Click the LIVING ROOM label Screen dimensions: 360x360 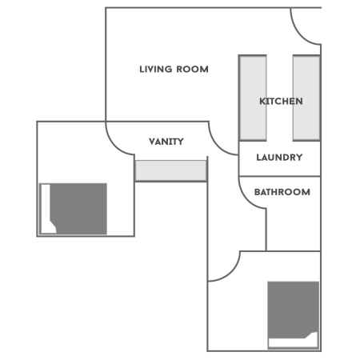tap(174, 70)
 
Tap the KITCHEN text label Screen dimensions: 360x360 tap(281, 102)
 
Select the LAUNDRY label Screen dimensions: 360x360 tap(279, 158)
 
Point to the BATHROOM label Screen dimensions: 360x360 tap(282, 193)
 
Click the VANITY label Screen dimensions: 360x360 tap(166, 142)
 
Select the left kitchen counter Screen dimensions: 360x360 tap(253, 98)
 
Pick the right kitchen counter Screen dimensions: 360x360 tap(306, 98)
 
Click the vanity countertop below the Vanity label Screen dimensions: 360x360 tap(170, 170)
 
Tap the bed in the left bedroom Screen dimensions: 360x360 tap(78, 208)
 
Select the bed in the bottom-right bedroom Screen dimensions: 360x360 tap(294, 312)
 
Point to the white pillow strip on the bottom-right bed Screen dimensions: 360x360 tap(293, 342)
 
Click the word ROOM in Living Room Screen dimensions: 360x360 tap(193, 70)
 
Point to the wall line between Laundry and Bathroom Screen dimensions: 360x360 tap(280, 175)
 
